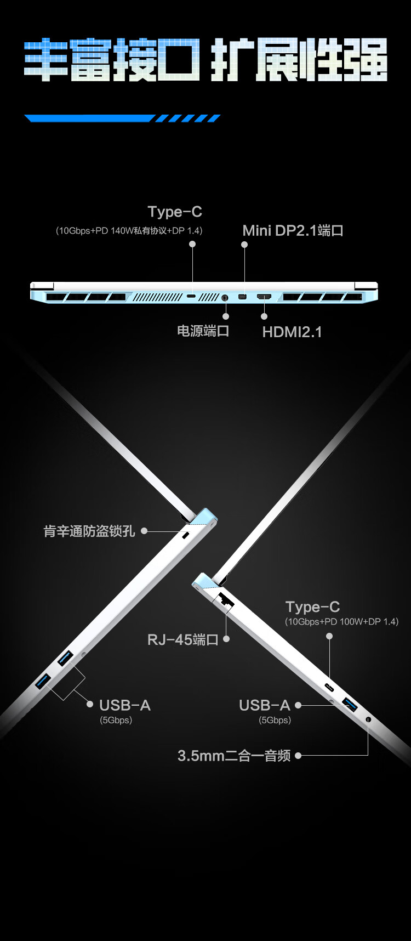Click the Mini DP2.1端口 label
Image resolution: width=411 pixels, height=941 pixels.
pyautogui.click(x=293, y=231)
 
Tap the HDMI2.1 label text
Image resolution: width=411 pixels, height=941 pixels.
pyautogui.click(x=292, y=332)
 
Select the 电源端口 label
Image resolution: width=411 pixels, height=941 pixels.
pyautogui.click(x=203, y=331)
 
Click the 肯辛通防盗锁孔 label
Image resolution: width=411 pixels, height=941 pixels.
pyautogui.click(x=89, y=531)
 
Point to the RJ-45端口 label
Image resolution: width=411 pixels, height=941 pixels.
pyautogui.click(x=183, y=639)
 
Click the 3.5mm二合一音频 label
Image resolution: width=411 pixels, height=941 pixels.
pyautogui.click(x=234, y=756)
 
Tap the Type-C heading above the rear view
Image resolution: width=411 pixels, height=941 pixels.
pyautogui.click(x=175, y=212)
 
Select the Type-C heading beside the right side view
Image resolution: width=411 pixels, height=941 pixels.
pyautogui.click(x=312, y=607)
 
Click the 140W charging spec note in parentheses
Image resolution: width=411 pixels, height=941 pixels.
pyautogui.click(x=129, y=231)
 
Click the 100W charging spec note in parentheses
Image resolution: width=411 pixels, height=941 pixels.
pyautogui.click(x=341, y=621)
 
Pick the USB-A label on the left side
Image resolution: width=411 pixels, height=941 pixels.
pyautogui.click(x=124, y=705)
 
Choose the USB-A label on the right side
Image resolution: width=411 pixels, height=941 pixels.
pyautogui.click(x=265, y=705)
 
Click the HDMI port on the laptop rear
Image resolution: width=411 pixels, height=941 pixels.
pyautogui.click(x=264, y=297)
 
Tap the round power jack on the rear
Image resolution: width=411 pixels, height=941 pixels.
pyautogui.click(x=225, y=298)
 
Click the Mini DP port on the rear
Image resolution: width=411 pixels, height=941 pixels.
pyautogui.click(x=242, y=297)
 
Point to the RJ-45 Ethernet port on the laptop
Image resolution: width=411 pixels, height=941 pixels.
pyautogui.click(x=225, y=599)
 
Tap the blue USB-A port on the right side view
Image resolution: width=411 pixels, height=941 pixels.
pyautogui.click(x=350, y=704)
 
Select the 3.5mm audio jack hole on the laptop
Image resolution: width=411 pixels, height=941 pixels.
pyautogui.click(x=368, y=719)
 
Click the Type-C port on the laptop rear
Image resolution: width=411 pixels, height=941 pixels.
pyautogui.click(x=191, y=297)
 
